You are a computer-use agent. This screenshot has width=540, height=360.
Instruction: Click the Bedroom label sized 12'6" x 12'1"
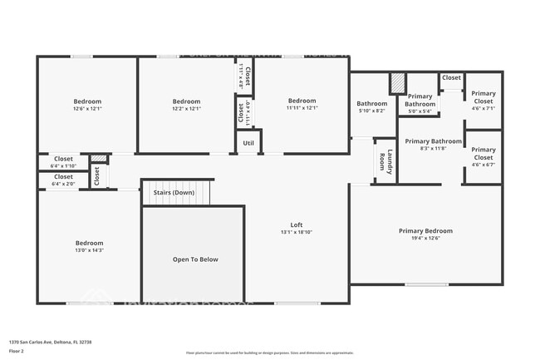pyautogui.click(x=87, y=101)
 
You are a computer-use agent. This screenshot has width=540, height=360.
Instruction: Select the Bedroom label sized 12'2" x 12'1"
pyautogui.click(x=187, y=101)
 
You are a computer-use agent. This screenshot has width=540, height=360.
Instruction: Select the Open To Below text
pyautogui.click(x=195, y=259)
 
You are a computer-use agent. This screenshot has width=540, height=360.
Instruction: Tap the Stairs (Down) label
pyautogui.click(x=174, y=193)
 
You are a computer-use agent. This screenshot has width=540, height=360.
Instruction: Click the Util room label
pyautogui.click(x=248, y=143)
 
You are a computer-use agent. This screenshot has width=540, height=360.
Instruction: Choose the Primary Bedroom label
pyautogui.click(x=425, y=231)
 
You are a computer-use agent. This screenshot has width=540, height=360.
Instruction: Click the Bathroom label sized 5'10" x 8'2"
pyautogui.click(x=372, y=104)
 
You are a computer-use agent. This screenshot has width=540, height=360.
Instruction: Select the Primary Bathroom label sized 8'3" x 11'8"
pyautogui.click(x=434, y=141)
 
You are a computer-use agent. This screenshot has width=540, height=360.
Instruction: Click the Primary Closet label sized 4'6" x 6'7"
pyautogui.click(x=483, y=154)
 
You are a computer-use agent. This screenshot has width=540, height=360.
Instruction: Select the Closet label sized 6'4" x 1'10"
pyautogui.click(x=63, y=159)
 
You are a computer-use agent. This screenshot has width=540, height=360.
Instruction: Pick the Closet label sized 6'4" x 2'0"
pyautogui.click(x=63, y=177)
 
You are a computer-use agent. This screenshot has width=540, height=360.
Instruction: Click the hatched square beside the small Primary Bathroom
pyautogui.click(x=398, y=83)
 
